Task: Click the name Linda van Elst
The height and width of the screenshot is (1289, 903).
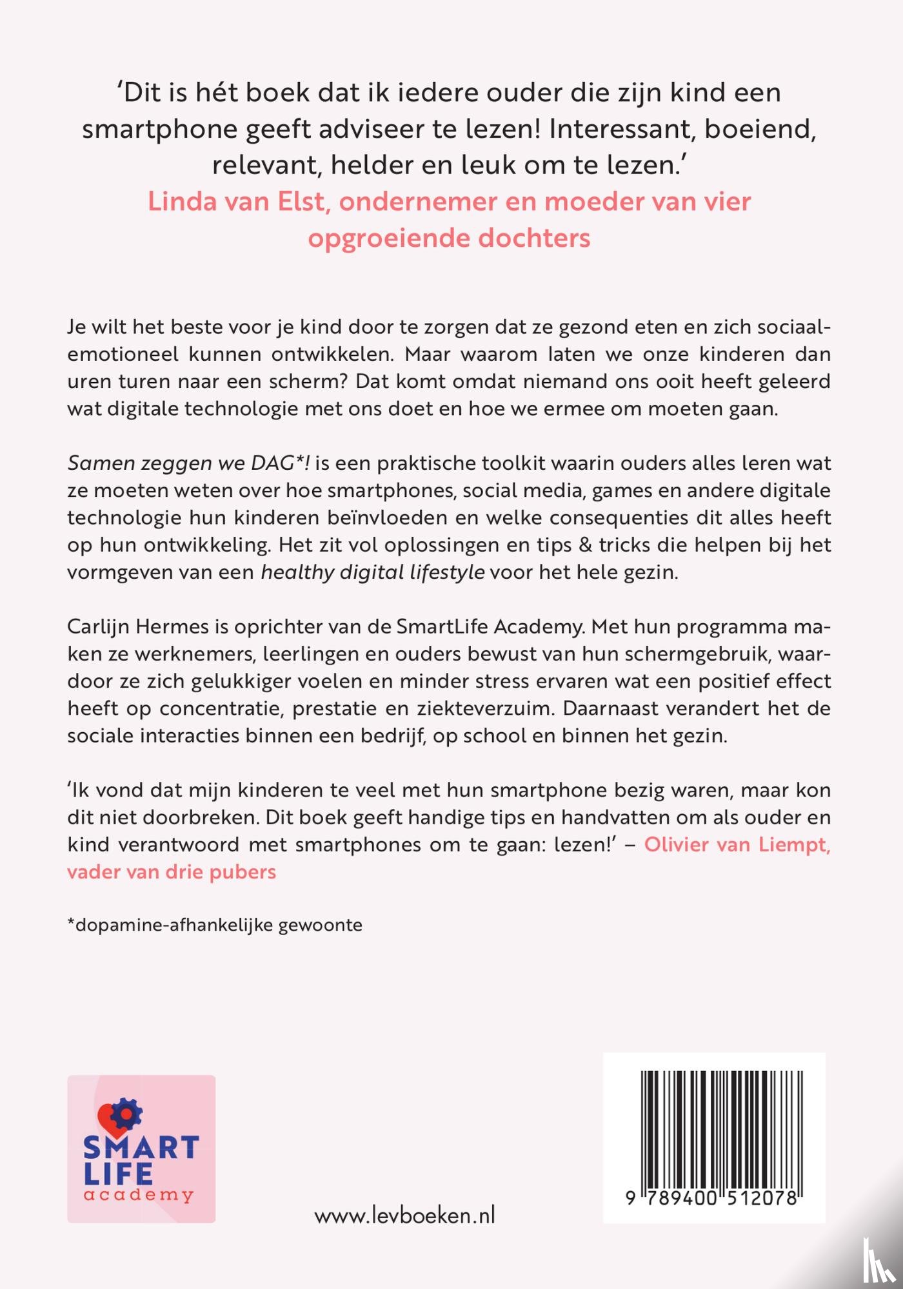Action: pos(236,202)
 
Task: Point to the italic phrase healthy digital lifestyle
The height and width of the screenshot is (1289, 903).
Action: pos(372,572)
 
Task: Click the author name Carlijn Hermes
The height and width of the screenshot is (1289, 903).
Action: pos(138,626)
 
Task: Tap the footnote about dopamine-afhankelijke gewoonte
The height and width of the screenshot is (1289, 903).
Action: pos(215,926)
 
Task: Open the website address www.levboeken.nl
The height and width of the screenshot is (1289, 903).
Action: pos(404,1216)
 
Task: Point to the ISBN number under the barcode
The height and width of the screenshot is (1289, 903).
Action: pos(713,1198)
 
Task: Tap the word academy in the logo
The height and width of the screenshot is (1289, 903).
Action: pos(139,1196)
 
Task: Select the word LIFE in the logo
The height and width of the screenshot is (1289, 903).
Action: pos(118,1174)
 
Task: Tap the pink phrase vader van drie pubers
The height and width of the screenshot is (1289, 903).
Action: pos(172,872)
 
